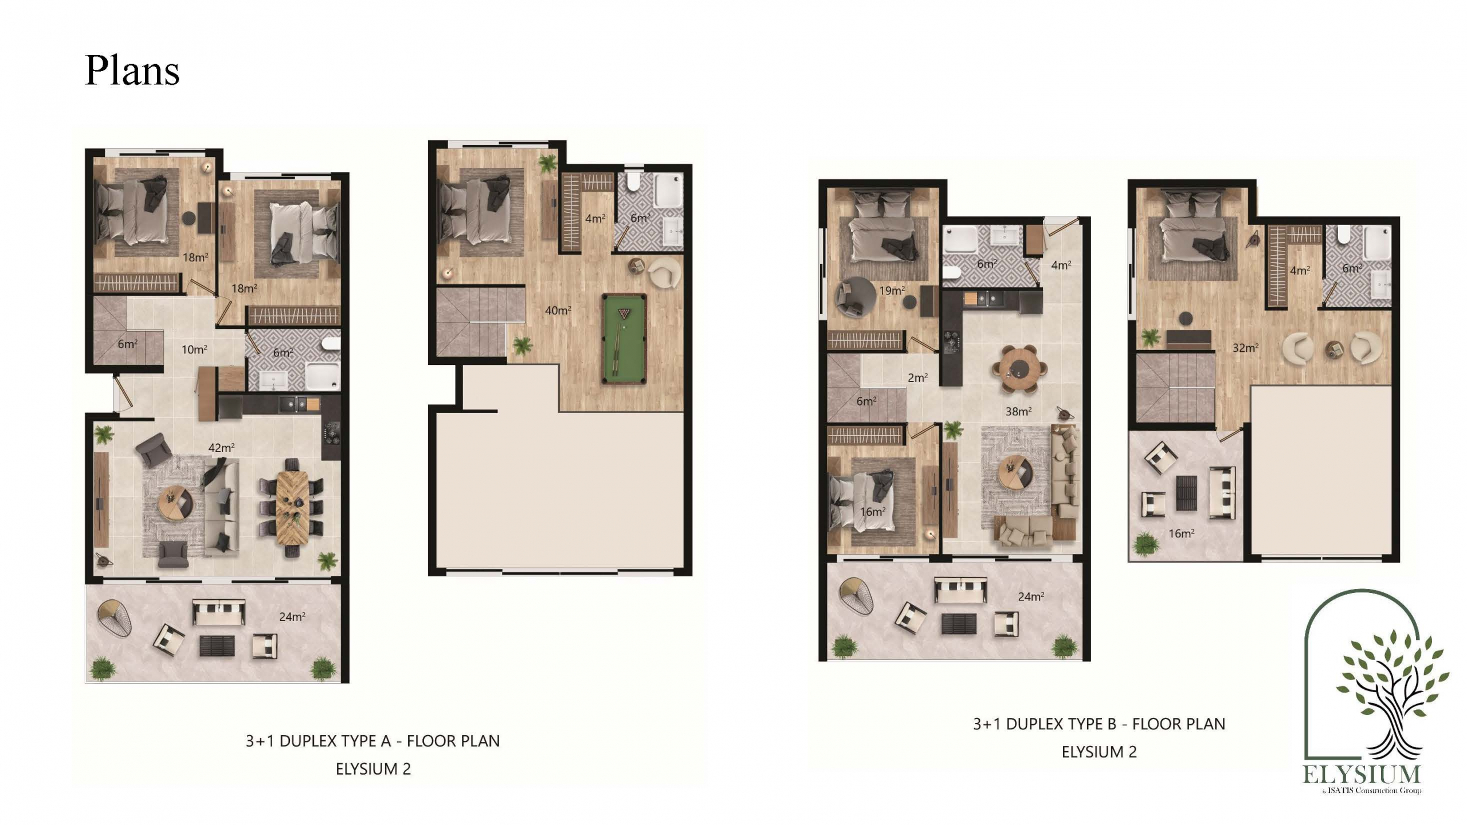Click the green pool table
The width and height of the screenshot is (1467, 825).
pyautogui.click(x=624, y=339)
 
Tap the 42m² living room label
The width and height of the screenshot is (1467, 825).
pyautogui.click(x=221, y=447)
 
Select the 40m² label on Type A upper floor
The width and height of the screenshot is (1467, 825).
pyautogui.click(x=558, y=310)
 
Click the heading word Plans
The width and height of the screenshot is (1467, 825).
pyautogui.click(x=132, y=70)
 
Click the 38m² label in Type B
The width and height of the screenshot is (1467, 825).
pyautogui.click(x=1019, y=411)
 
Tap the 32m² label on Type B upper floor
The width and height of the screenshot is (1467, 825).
pyautogui.click(x=1246, y=347)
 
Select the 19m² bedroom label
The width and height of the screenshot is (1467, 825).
pyautogui.click(x=892, y=290)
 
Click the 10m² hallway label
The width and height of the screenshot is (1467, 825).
pyautogui.click(x=194, y=349)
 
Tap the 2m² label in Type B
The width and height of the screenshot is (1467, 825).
pyautogui.click(x=918, y=378)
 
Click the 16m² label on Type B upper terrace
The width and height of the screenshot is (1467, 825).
pyautogui.click(x=1182, y=533)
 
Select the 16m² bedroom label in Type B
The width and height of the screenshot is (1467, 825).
pyautogui.click(x=873, y=512)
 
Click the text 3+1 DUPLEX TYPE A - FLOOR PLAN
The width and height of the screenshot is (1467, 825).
pyautogui.click(x=373, y=741)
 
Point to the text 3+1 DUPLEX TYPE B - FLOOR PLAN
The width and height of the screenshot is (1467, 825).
pyautogui.click(x=1099, y=724)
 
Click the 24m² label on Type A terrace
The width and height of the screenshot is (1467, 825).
pyautogui.click(x=292, y=616)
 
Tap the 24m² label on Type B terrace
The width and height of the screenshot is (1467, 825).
pyautogui.click(x=1031, y=596)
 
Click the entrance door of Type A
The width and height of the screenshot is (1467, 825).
pyautogui.click(x=122, y=392)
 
